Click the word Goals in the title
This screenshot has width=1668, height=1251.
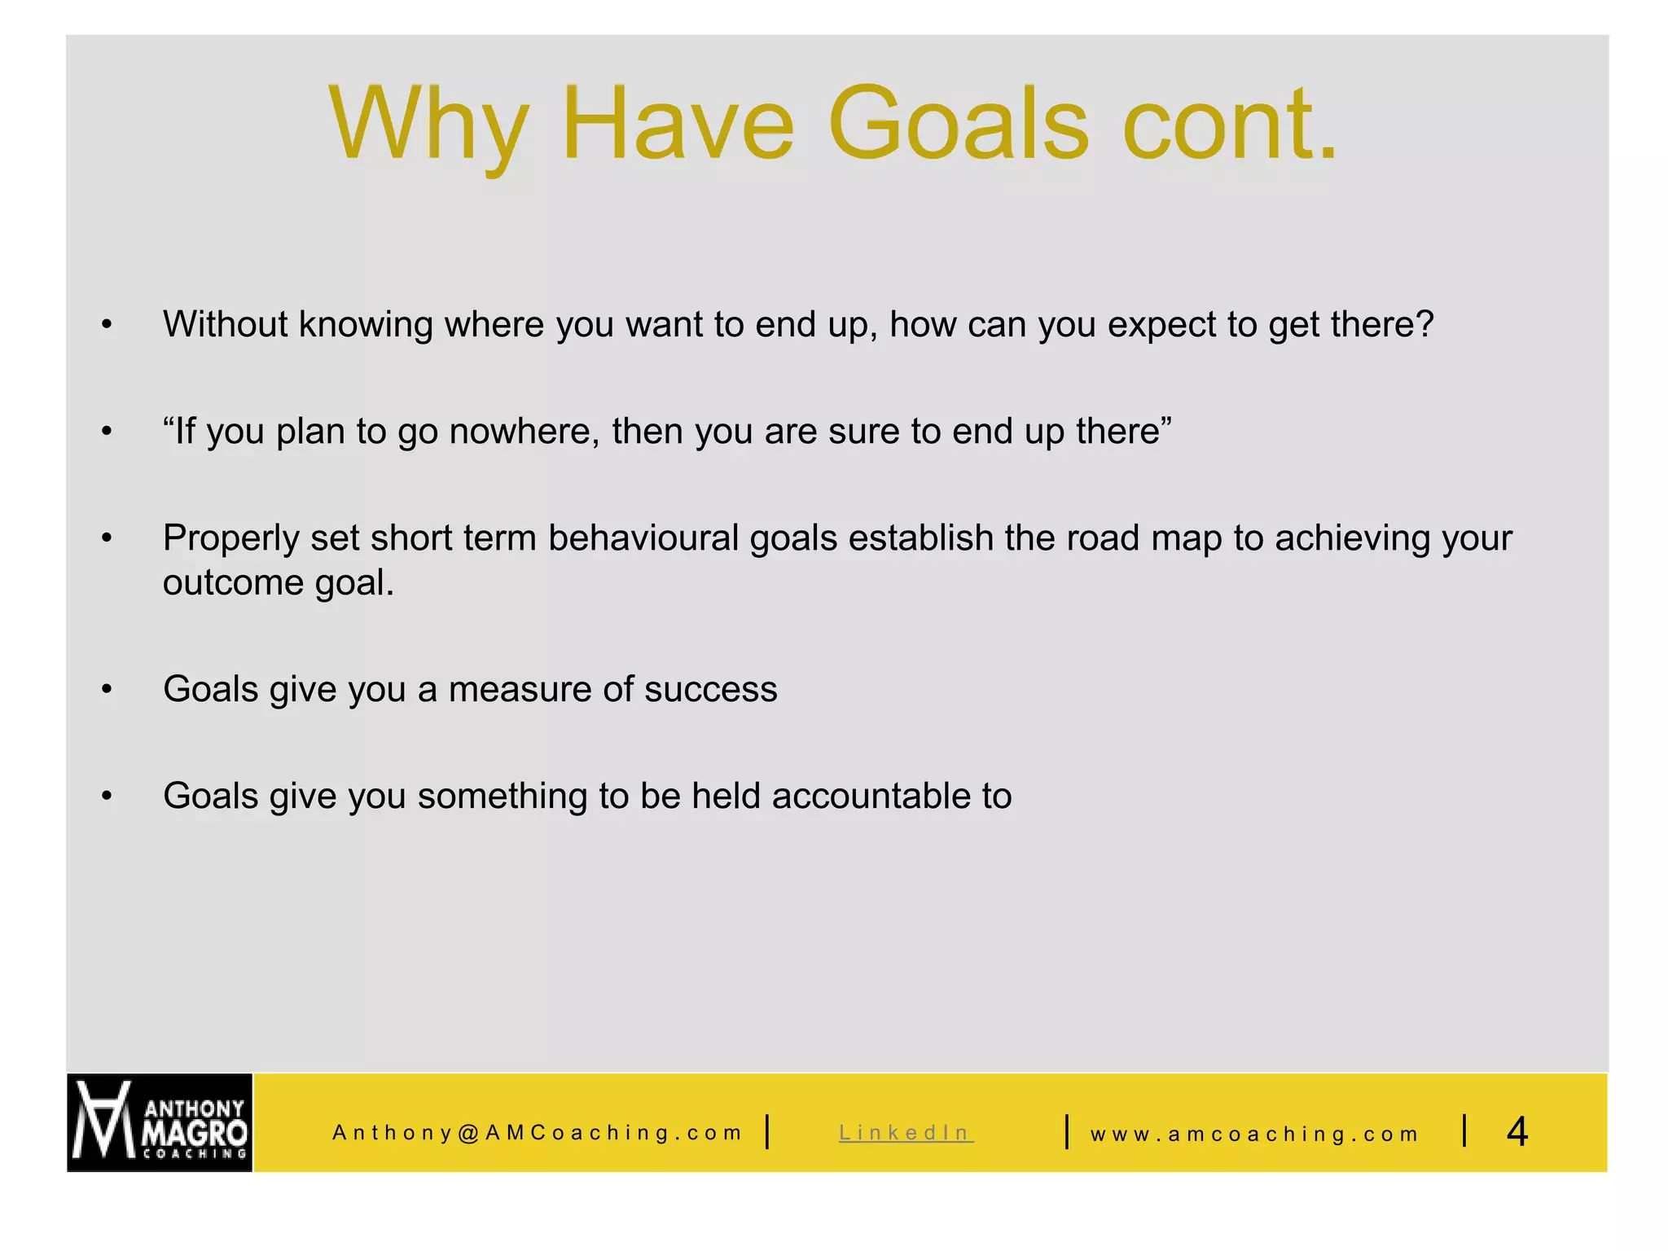click(x=959, y=124)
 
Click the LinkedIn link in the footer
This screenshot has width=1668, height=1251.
click(x=906, y=1132)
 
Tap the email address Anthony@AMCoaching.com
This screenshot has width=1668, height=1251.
click(x=538, y=1132)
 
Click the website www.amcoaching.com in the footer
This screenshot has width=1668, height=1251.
click(x=1254, y=1134)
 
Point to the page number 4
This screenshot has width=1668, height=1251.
click(x=1517, y=1131)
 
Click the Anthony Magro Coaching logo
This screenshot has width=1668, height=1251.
click(x=160, y=1122)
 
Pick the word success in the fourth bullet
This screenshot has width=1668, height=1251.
click(x=710, y=689)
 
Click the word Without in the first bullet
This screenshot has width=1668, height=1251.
click(x=225, y=324)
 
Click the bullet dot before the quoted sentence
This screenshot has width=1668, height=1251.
click(x=107, y=432)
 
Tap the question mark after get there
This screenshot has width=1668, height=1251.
click(x=1424, y=324)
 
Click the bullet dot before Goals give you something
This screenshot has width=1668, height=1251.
click(x=107, y=797)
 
